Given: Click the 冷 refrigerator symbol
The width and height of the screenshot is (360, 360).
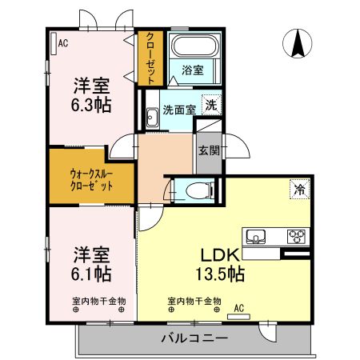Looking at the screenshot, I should [x=298, y=190].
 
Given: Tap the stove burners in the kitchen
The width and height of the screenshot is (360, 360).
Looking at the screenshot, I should [x=296, y=236].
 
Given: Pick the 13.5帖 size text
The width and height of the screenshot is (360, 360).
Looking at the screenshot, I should [x=218, y=274].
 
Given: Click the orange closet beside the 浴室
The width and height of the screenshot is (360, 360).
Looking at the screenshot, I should [x=150, y=58].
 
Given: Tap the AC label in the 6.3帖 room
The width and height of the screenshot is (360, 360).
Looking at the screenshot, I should [x=63, y=43].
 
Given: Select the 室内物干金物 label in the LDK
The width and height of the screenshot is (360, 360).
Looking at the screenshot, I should [x=194, y=301].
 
